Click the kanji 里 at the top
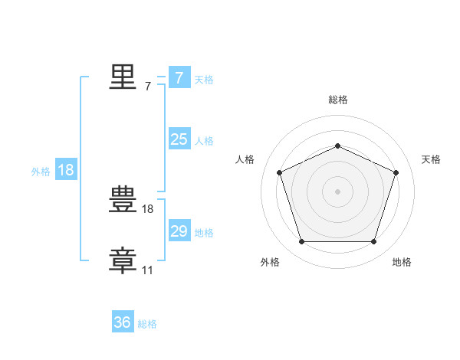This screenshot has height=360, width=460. [x=123, y=77]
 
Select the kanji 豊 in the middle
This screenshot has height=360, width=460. [x=123, y=201]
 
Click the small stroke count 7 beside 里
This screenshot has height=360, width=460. [x=148, y=87]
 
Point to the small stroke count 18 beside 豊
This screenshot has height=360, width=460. [x=148, y=209]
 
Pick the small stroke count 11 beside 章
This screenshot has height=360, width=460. [x=148, y=270]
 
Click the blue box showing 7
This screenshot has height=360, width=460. [x=179, y=78]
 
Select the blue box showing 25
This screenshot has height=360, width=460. [x=179, y=139]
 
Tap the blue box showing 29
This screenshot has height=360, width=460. [x=179, y=231]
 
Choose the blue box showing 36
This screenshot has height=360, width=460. [x=123, y=322]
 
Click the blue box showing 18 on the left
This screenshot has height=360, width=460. [x=66, y=170]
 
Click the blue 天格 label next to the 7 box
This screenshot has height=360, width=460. [x=204, y=79]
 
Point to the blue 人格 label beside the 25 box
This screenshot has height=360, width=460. [x=204, y=141]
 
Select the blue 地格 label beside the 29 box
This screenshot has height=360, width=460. [x=204, y=233]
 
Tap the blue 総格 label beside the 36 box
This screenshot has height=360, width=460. [x=147, y=324]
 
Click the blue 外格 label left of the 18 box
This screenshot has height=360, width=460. [x=41, y=172]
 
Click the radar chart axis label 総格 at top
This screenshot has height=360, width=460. [x=337, y=100]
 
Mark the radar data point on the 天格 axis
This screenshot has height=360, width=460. [x=396, y=172]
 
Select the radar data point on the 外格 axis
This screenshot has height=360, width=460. [x=301, y=242]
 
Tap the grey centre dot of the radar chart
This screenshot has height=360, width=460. [x=337, y=191]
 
